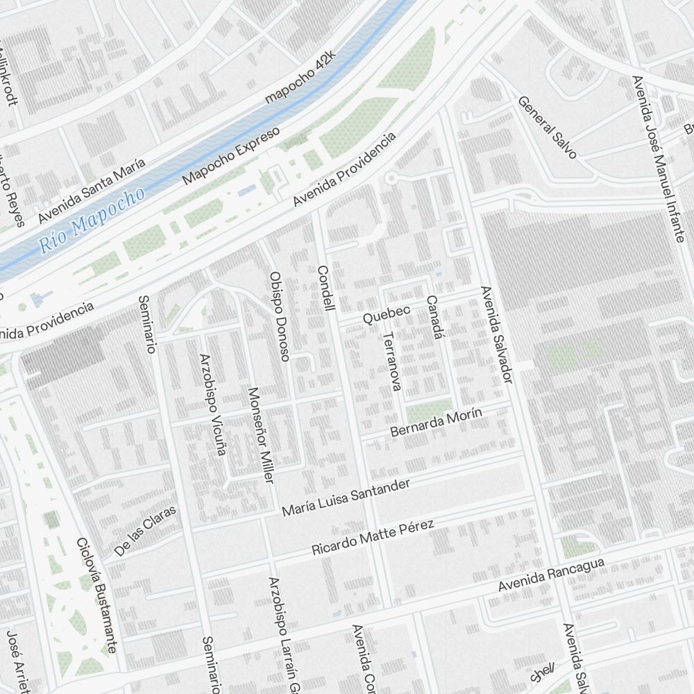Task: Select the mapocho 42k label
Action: [301, 76]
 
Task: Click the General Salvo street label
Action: [547, 126]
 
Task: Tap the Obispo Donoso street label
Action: [279, 316]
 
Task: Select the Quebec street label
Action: [387, 314]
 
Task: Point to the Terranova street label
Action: [391, 361]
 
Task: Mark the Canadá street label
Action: [433, 317]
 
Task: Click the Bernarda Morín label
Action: [436, 422]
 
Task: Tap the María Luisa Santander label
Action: [346, 498]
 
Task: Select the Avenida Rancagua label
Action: [551, 575]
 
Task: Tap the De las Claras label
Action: [146, 530]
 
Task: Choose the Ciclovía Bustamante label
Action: [96, 595]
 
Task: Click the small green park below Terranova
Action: [428, 410]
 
